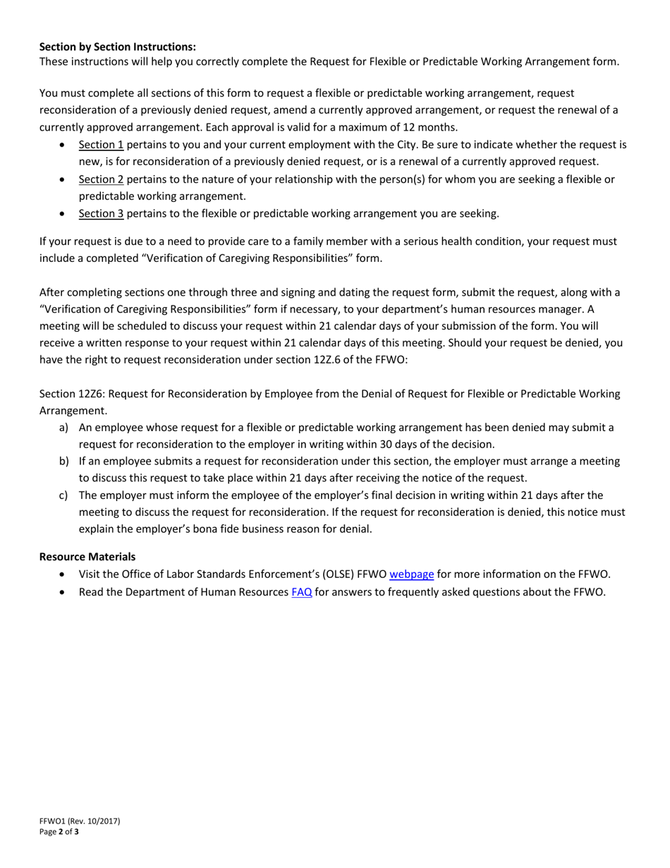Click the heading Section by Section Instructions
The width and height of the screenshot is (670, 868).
[x=117, y=47]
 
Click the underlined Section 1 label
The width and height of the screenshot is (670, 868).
[x=101, y=145]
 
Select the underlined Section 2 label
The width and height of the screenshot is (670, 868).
[x=101, y=179]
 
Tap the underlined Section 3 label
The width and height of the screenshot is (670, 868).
[x=101, y=213]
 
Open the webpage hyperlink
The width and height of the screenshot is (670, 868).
[x=411, y=574]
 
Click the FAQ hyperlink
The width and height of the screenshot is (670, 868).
[x=302, y=592]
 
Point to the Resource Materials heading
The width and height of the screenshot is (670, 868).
[x=87, y=557]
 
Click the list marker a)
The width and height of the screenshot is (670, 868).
[x=63, y=428]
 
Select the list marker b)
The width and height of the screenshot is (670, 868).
[x=63, y=462]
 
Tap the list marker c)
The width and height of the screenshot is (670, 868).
[x=63, y=495]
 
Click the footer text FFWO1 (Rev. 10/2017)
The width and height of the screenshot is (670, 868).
[x=80, y=821]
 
